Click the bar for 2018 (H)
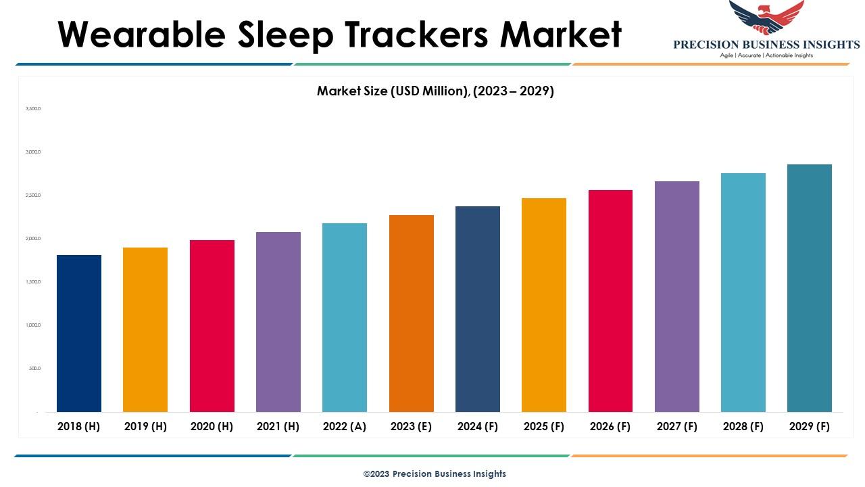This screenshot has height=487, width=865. pyautogui.click(x=79, y=333)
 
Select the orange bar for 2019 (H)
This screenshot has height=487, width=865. pyautogui.click(x=145, y=329)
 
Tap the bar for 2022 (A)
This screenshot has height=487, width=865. pyautogui.click(x=345, y=317)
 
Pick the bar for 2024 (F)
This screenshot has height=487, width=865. pyautogui.click(x=478, y=309)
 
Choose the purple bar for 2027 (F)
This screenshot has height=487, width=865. pyautogui.click(x=677, y=296)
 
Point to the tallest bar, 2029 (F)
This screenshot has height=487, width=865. pyautogui.click(x=810, y=288)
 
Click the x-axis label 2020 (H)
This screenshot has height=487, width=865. pyautogui.click(x=212, y=426)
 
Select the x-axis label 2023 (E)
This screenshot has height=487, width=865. pyautogui.click(x=411, y=426)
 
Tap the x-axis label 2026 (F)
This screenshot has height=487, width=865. pyautogui.click(x=610, y=426)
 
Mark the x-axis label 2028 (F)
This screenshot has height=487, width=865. pyautogui.click(x=743, y=426)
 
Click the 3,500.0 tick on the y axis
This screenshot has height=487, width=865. pyautogui.click(x=33, y=108)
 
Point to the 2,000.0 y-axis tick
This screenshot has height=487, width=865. pyautogui.click(x=33, y=239)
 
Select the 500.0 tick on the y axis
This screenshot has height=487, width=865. pyautogui.click(x=34, y=369)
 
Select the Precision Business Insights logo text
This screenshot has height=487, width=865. pyautogui.click(x=766, y=45)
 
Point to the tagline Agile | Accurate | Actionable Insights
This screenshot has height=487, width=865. pyautogui.click(x=766, y=55)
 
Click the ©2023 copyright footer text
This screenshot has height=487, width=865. pyautogui.click(x=435, y=473)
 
